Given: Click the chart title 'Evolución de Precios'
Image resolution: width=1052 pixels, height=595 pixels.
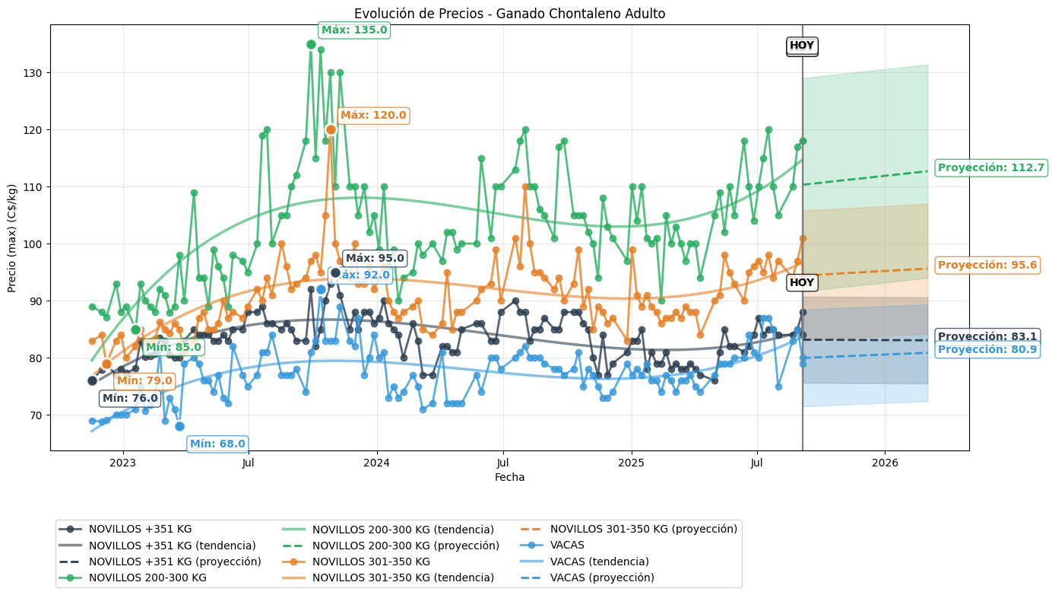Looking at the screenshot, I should [x=509, y=14].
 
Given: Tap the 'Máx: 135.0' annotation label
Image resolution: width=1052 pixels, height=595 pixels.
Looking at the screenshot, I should [x=354, y=30].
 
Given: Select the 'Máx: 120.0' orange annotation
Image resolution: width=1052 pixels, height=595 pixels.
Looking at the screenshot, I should [x=373, y=116].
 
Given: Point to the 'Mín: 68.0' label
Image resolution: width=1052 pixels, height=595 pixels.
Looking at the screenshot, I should [x=217, y=444].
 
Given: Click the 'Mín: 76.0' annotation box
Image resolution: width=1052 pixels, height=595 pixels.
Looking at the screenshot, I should [x=130, y=398].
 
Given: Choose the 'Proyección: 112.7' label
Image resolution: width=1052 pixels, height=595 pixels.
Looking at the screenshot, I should [x=991, y=168].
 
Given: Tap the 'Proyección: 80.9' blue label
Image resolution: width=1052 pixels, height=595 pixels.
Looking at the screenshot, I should [x=987, y=350].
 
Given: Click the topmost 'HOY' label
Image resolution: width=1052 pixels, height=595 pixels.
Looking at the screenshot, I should [x=802, y=46].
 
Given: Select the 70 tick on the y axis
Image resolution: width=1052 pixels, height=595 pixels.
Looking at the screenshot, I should [x=37, y=415].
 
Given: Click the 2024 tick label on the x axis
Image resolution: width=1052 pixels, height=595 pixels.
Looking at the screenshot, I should [x=376, y=463].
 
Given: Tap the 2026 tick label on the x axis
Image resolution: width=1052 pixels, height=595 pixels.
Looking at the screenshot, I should [x=885, y=463].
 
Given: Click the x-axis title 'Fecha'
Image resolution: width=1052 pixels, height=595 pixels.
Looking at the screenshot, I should [x=509, y=478].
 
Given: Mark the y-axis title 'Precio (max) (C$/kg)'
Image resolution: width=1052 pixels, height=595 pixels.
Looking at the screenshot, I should [x=12, y=237].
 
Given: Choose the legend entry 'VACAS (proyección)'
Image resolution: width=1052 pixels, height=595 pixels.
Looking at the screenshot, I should [x=602, y=577].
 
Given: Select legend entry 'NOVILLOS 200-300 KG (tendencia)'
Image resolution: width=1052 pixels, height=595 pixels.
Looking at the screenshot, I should [x=403, y=530].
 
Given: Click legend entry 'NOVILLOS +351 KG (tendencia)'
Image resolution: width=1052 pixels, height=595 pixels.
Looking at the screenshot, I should [x=172, y=546].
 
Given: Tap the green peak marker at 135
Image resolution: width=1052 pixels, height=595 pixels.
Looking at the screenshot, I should [x=311, y=44].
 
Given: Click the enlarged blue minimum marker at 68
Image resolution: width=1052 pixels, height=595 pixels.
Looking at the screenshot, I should [x=179, y=427].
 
